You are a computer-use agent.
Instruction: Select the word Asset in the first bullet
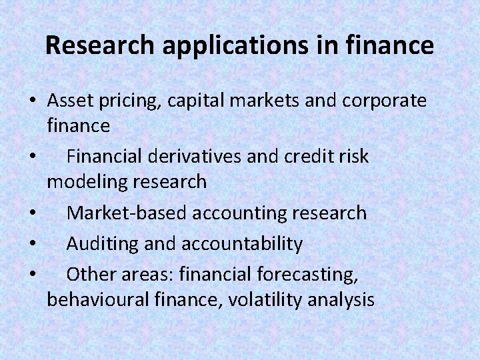68,101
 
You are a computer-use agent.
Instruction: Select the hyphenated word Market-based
127,213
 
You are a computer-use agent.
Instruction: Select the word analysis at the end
341,299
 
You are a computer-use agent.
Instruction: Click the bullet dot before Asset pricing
32,102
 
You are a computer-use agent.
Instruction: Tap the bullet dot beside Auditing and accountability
32,244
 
